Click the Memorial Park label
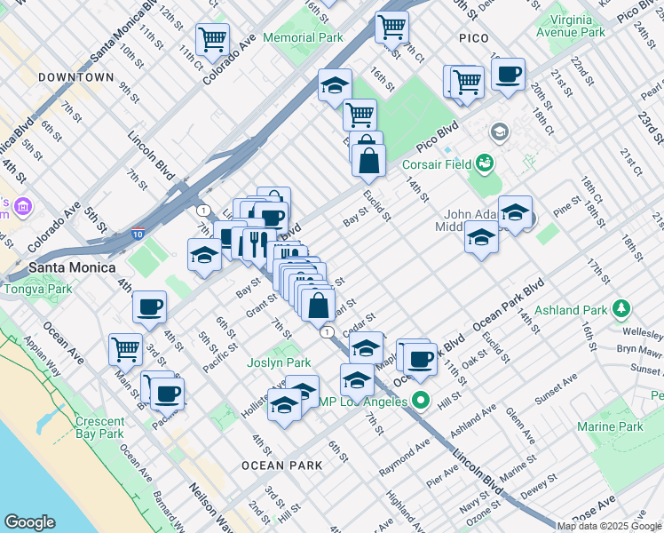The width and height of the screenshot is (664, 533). (x=307, y=38)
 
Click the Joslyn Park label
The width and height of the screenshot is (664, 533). (x=279, y=362)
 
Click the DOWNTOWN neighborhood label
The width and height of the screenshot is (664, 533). (x=76, y=77)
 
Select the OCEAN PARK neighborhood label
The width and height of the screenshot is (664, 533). (x=275, y=465)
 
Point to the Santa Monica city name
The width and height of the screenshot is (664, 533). (x=72, y=267)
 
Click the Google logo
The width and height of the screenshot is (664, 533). (x=29, y=522)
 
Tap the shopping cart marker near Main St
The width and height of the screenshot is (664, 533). (x=125, y=348)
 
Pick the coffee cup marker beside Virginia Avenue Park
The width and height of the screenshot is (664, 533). (x=508, y=75)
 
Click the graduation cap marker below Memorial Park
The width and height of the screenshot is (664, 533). (x=335, y=85)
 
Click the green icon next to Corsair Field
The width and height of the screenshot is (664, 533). (x=485, y=163)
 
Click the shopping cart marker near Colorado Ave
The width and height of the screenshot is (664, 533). (x=212, y=39)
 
